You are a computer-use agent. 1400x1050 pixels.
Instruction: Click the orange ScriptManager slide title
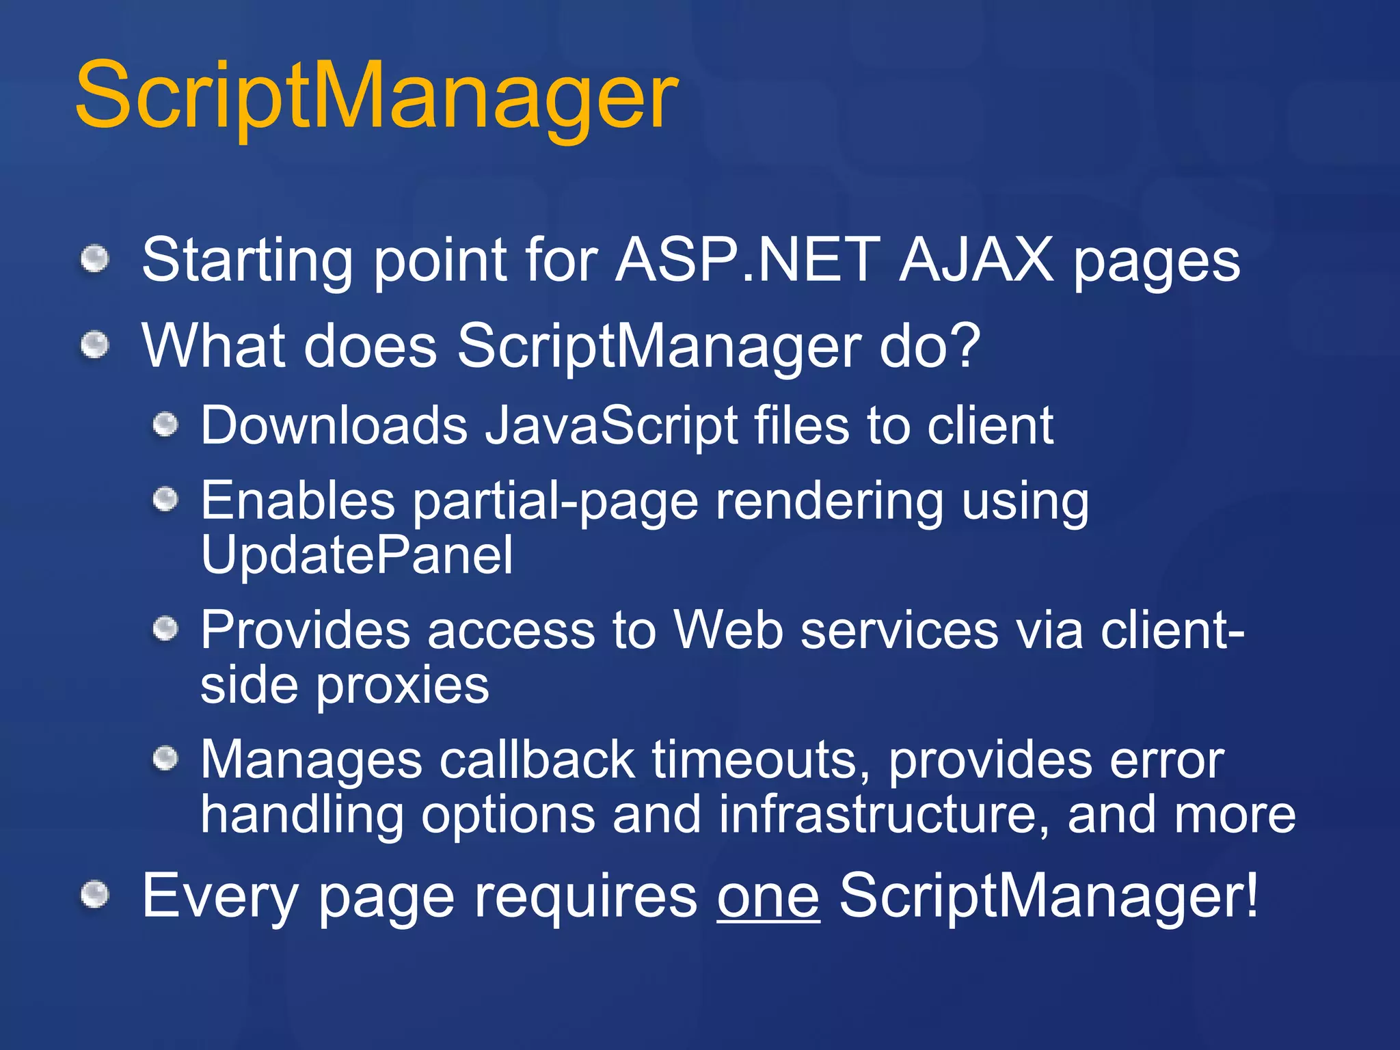pos(376,96)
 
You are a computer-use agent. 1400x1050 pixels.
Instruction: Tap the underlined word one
pos(768,896)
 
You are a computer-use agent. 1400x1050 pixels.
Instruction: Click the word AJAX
pos(976,260)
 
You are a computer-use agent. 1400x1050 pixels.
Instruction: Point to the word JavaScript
pos(611,426)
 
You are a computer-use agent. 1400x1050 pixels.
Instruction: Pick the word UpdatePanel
pos(356,554)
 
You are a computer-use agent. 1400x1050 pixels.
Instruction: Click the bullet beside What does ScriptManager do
pos(95,344)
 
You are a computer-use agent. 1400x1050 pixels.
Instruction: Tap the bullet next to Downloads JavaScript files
pos(165,425)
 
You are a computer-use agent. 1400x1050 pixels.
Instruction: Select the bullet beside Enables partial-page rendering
pos(165,500)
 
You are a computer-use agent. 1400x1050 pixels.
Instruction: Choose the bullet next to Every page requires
pos(95,895)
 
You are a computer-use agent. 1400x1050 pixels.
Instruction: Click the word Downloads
pos(334,426)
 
